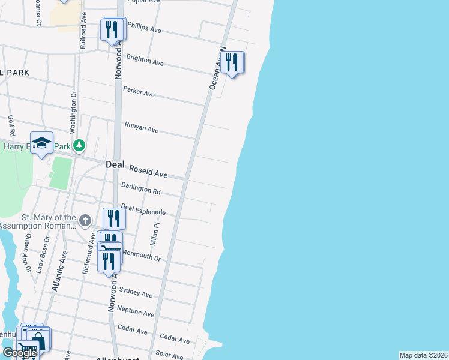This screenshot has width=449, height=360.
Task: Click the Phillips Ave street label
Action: [x=144, y=28]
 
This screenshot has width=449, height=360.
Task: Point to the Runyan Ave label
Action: [x=141, y=128]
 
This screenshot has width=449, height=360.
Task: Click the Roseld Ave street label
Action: [x=148, y=173]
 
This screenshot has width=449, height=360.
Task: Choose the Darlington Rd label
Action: [x=141, y=189]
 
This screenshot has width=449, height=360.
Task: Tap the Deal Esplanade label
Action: [x=143, y=210]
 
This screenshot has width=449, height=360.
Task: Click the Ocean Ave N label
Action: [x=217, y=68]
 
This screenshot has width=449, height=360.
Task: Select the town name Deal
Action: [x=115, y=164]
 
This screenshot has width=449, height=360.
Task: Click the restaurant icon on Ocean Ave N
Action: [x=232, y=62]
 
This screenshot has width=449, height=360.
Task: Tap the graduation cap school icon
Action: [x=41, y=143]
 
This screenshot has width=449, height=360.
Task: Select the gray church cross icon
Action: [x=85, y=220]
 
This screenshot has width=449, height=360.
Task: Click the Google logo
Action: [x=20, y=353]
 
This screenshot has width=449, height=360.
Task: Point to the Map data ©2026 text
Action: [x=424, y=355]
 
